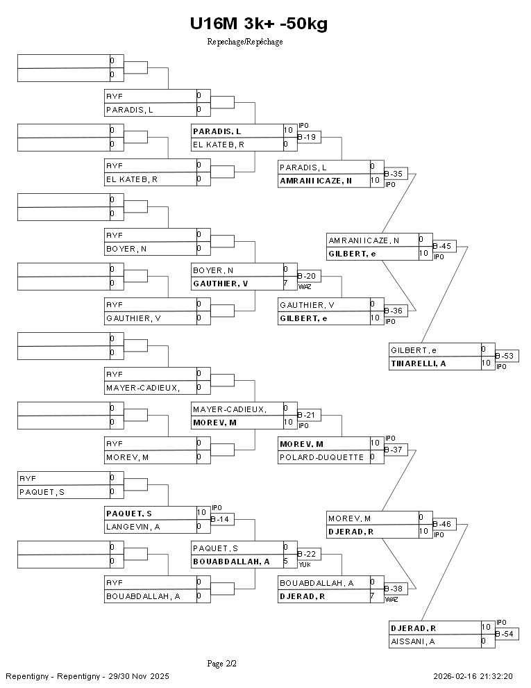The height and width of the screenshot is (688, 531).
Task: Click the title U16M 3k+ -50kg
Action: [258, 24]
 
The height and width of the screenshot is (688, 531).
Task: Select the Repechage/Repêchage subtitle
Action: [244, 42]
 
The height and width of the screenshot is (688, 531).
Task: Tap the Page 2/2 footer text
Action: [222, 664]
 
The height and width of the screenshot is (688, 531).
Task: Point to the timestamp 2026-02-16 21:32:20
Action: [473, 676]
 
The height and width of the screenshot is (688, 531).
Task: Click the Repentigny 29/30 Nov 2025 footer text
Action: [87, 676]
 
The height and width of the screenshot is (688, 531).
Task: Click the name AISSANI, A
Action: [413, 641]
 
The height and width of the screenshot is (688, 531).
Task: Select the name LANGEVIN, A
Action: [133, 527]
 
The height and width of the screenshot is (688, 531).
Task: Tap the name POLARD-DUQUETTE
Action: [321, 457]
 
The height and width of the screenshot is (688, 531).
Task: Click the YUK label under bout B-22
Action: [304, 564]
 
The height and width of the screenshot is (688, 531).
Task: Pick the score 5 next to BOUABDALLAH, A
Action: [286, 561]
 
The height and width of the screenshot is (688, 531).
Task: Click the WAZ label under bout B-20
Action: [305, 286]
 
